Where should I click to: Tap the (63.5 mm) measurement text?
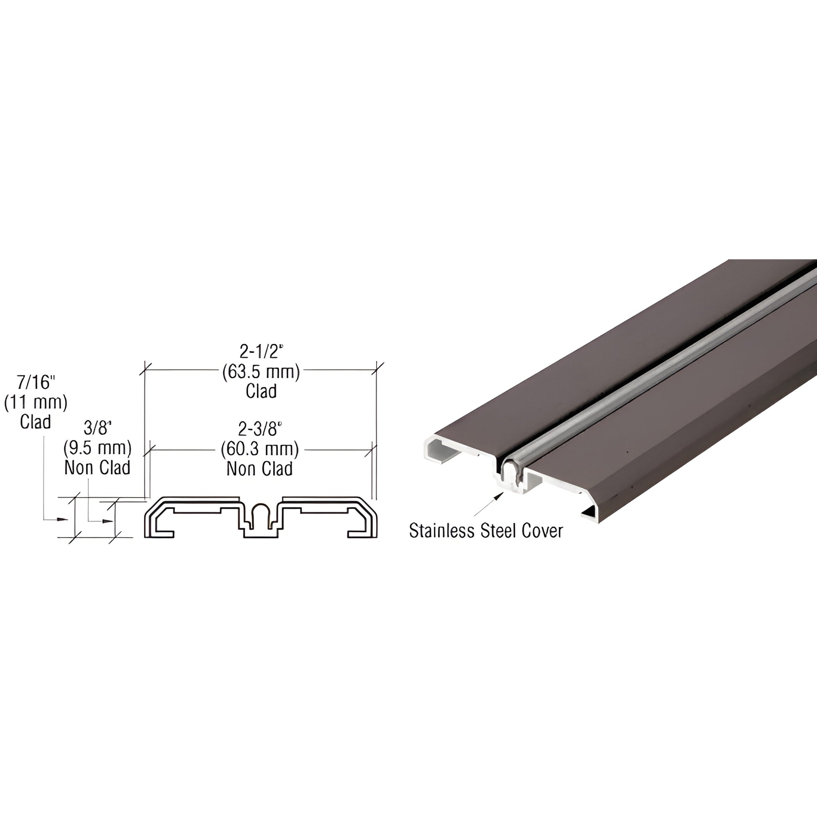(261, 372)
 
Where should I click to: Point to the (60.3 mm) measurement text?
(259, 449)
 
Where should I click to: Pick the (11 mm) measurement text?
(36, 402)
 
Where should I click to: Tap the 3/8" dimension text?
(97, 428)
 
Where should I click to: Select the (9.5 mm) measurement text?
(97, 448)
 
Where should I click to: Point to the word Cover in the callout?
(542, 531)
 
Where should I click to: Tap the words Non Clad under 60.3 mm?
(259, 469)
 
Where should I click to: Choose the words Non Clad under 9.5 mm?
(97, 468)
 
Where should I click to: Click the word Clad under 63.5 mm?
(261, 391)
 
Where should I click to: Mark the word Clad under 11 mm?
(36, 422)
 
